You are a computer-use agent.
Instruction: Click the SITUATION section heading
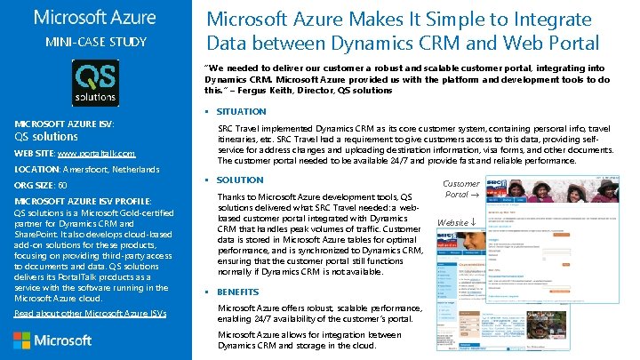(241, 112)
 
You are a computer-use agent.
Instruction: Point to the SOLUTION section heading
(240, 180)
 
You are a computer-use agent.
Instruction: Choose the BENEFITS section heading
(238, 292)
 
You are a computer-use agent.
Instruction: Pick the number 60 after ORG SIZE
(61, 185)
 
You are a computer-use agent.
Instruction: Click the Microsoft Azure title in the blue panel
(94, 17)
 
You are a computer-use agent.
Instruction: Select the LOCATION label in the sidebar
(36, 169)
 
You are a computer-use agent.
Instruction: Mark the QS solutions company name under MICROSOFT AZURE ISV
(46, 137)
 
